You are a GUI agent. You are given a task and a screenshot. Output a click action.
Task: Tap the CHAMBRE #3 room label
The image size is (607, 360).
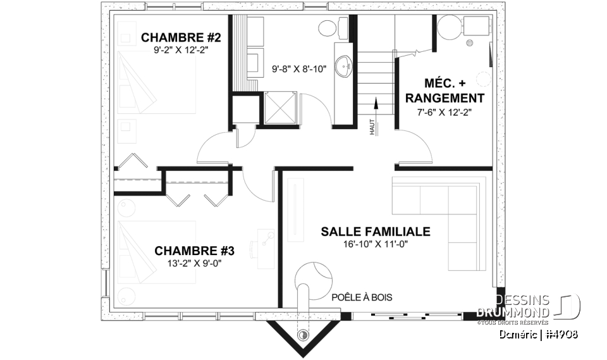188,251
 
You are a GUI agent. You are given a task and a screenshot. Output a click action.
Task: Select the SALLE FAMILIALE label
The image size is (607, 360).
375,232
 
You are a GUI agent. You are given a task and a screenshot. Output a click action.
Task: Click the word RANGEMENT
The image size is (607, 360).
445,98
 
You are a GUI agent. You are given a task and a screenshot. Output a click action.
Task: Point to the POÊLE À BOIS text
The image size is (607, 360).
362,297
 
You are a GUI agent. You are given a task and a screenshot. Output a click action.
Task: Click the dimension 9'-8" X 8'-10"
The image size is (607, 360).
298,69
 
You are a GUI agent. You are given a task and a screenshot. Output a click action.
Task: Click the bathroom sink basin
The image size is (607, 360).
343,65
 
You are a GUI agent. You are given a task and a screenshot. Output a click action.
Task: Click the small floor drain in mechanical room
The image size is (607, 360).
469,44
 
